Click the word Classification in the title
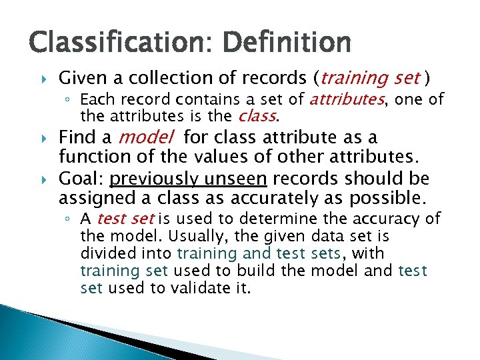coord(107,43)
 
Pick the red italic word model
coord(145,138)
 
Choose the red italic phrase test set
coord(125,219)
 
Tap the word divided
coord(104,253)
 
